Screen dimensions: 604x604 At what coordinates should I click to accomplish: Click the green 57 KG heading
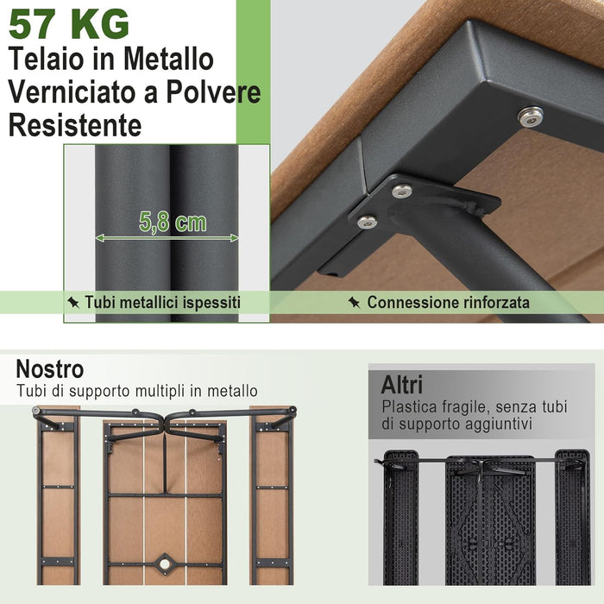(x=69, y=23)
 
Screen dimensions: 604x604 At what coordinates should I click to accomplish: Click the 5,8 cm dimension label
(x=173, y=223)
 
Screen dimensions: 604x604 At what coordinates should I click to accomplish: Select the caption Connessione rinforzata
(x=448, y=303)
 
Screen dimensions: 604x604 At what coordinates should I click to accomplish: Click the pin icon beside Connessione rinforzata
(x=354, y=303)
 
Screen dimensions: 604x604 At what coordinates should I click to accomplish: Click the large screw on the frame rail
(x=530, y=116)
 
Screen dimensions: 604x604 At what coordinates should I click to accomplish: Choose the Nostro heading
(x=50, y=369)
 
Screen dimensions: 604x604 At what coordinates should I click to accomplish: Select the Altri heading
(x=402, y=384)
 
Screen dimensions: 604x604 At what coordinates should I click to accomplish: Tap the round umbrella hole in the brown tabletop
(x=164, y=566)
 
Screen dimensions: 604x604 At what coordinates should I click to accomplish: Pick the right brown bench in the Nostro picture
(x=273, y=500)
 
